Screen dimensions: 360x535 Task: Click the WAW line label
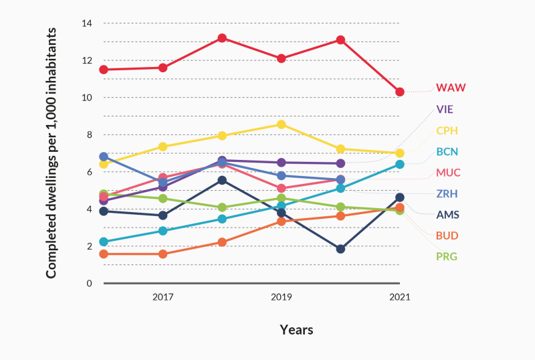click(x=450, y=88)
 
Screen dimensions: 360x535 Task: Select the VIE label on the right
click(x=446, y=109)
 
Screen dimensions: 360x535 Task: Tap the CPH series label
click(x=447, y=130)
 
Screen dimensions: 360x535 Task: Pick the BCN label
click(x=447, y=152)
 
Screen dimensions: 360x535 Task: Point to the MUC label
click(x=448, y=173)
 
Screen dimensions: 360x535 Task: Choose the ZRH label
click(x=447, y=194)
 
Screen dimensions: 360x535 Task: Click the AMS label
click(x=447, y=215)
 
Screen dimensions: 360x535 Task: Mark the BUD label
click(x=447, y=236)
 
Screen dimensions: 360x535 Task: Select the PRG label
click(x=447, y=256)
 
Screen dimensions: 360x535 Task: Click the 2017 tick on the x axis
click(x=163, y=296)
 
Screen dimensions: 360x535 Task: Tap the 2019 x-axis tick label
click(x=282, y=296)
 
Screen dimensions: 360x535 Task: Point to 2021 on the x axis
click(x=400, y=296)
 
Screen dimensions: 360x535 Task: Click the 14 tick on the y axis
click(x=86, y=23)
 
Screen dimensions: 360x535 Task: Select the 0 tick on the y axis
click(x=89, y=284)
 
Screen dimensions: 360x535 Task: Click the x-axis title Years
click(x=296, y=330)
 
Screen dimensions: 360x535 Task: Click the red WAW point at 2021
click(x=400, y=92)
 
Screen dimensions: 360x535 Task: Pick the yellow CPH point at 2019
click(x=282, y=124)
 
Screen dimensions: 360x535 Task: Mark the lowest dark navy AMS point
click(x=340, y=249)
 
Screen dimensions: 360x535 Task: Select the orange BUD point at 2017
click(x=163, y=254)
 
